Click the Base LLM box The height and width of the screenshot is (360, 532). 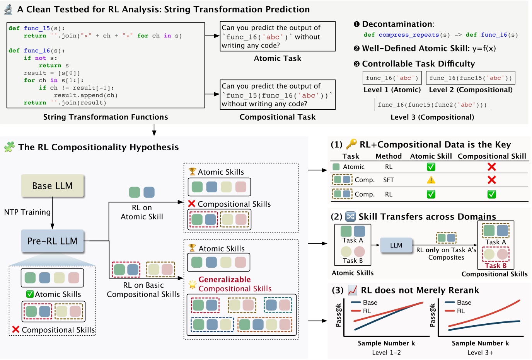pyautogui.click(x=52, y=186)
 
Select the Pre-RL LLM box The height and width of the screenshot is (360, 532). pyautogui.click(x=52, y=241)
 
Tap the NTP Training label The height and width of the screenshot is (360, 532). pyautogui.click(x=27, y=212)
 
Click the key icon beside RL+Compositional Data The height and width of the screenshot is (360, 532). pyautogui.click(x=351, y=144)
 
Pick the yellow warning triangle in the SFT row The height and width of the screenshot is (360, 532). pyautogui.click(x=431, y=180)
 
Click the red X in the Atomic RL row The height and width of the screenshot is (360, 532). pyautogui.click(x=491, y=167)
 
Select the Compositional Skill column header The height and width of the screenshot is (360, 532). pyautogui.click(x=492, y=156)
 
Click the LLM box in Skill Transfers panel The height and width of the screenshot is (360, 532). pyautogui.click(x=396, y=245)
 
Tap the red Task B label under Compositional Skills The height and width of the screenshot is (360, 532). pyautogui.click(x=496, y=265)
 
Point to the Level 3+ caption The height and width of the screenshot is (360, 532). pyautogui.click(x=480, y=352)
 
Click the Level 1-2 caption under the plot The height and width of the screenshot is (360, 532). pyautogui.click(x=386, y=352)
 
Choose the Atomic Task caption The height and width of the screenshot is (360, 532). pyautogui.click(x=277, y=58)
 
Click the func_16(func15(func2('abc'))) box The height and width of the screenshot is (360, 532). pyautogui.click(x=432, y=105)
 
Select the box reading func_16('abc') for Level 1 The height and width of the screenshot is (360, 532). pyautogui.click(x=392, y=78)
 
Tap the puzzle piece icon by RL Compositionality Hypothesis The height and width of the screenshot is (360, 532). pyautogui.click(x=9, y=147)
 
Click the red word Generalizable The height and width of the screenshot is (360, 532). pyautogui.click(x=225, y=279)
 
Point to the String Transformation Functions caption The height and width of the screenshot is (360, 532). pyautogui.click(x=106, y=117)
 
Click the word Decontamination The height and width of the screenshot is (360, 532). pyautogui.click(x=397, y=24)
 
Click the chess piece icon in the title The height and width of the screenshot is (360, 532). pyautogui.click(x=8, y=9)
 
